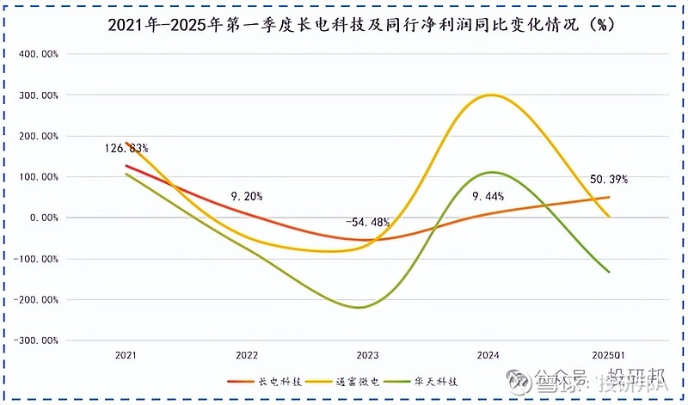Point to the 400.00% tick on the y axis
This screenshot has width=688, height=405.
click(39, 53)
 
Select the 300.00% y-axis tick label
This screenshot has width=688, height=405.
click(39, 95)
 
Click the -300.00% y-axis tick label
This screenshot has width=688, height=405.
click(37, 341)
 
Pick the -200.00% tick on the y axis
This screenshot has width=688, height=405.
click(37, 299)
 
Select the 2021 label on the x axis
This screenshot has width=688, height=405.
click(126, 354)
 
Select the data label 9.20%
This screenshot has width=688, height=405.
click(246, 196)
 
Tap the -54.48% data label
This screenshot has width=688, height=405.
click(368, 222)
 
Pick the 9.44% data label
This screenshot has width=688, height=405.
click(488, 196)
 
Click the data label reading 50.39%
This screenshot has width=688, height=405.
click(608, 180)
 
